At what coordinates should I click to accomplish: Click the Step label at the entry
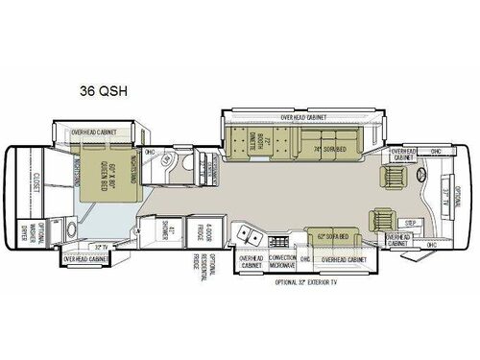coord(411,222)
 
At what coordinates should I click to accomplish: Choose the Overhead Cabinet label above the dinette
coord(305,117)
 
